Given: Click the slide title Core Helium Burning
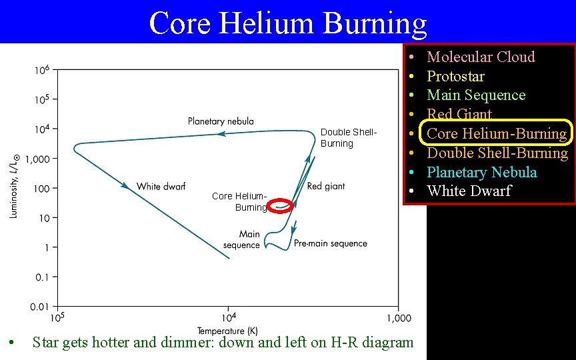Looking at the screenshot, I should tap(287, 23).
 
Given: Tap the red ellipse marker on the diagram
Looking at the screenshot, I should tap(283, 206).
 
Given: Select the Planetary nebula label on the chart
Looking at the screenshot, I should tap(221, 121).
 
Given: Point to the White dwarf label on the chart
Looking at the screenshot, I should tap(161, 187).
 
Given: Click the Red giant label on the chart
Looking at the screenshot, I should tap(326, 187).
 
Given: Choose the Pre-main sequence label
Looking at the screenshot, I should tap(331, 244).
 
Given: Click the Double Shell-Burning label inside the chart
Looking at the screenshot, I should tap(348, 138).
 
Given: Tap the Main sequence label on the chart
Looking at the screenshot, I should tap(242, 240).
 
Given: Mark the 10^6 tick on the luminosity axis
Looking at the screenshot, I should tap(42, 70).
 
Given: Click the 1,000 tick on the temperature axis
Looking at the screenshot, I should tap(399, 318).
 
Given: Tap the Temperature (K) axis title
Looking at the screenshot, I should tap(227, 331).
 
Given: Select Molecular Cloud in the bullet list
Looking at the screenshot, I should tap(481, 57).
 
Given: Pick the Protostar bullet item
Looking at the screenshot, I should tap(455, 76).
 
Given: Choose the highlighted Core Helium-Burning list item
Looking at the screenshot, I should tap(497, 133).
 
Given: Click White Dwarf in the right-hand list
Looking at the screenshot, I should tap(469, 191).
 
